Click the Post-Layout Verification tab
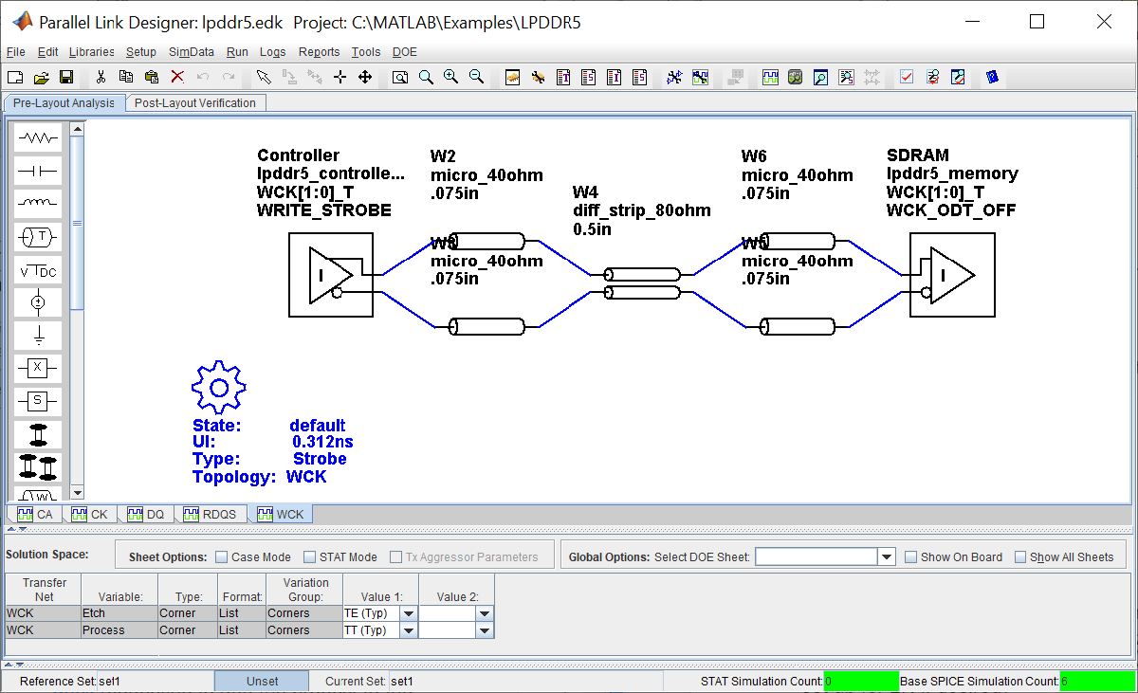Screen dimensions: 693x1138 click(x=195, y=103)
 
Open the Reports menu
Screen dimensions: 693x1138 click(x=319, y=52)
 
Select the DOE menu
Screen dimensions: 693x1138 click(x=405, y=52)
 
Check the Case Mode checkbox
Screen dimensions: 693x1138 click(x=222, y=557)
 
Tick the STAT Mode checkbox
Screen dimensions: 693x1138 click(x=310, y=557)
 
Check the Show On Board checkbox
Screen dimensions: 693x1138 click(x=911, y=557)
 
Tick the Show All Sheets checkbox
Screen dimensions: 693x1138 click(x=1020, y=557)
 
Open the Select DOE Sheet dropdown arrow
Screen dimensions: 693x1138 click(x=887, y=557)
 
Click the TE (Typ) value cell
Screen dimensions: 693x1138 click(x=370, y=613)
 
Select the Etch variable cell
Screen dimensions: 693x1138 click(x=118, y=613)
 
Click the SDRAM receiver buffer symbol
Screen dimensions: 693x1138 click(x=951, y=275)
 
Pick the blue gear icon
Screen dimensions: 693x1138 click(x=219, y=387)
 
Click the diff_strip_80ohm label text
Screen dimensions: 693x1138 click(x=641, y=210)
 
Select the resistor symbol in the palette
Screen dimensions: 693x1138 click(x=38, y=138)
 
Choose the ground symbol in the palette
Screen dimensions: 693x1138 click(x=38, y=335)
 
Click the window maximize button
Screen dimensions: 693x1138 click(x=1037, y=22)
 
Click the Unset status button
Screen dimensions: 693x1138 click(x=262, y=681)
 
